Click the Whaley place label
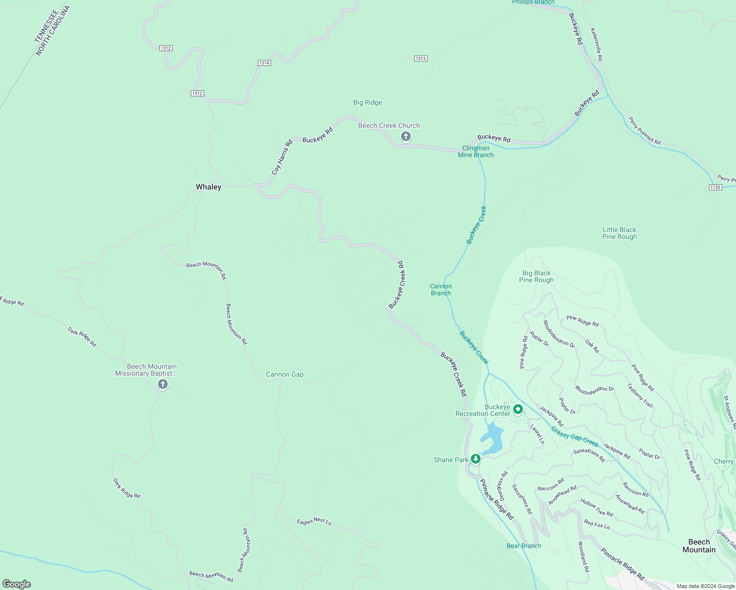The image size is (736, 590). coord(209,187)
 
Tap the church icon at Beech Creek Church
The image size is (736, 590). coord(405,136)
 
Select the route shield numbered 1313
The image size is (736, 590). coord(420,59)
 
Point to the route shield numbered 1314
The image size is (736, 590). coord(264,63)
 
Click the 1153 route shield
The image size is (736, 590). coord(715,187)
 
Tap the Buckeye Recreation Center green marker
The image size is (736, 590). coord(518,409)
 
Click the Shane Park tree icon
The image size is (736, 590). coord(475,459)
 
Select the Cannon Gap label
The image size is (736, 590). coord(285,374)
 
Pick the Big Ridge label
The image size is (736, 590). coord(368,102)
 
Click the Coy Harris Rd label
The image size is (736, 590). coord(282,157)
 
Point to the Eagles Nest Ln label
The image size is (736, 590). coord(314,521)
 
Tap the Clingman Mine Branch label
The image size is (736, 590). coord(476,151)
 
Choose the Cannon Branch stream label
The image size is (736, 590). coord(441,290)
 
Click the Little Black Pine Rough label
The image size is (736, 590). coord(619,233)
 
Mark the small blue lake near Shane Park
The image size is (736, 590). coord(493,439)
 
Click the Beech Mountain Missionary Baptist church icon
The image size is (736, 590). coord(163,384)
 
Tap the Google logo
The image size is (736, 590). coord(17,584)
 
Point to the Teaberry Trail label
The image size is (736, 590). coord(640,395)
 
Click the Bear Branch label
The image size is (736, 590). coord(524,546)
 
